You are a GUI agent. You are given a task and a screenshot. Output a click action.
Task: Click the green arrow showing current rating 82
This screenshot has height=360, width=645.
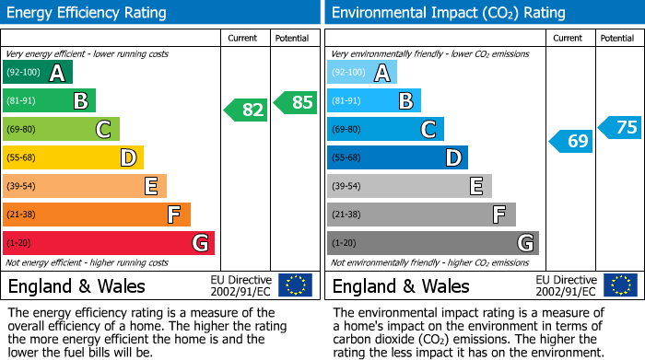246,110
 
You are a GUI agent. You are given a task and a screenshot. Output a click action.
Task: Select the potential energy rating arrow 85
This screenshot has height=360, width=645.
296,102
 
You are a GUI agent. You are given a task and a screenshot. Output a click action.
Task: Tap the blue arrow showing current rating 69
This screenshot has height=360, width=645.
571,141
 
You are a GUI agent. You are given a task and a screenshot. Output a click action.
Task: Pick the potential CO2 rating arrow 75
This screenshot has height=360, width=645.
620,128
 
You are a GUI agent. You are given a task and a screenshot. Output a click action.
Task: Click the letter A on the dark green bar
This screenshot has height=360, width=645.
57,73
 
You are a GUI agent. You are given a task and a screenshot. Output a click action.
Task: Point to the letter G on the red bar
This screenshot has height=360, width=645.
199,243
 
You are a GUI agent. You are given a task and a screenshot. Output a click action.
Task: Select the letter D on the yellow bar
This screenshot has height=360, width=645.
128,158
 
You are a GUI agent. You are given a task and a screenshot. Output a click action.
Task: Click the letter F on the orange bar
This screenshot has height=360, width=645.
174,215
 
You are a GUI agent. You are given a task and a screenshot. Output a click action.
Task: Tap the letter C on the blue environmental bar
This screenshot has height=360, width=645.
428,130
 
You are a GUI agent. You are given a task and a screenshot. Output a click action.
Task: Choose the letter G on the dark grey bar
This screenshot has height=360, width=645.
524,243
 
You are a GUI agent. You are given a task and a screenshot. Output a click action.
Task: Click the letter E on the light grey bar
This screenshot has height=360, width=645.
476,187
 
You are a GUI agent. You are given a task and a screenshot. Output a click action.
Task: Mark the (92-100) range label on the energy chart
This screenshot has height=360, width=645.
23,72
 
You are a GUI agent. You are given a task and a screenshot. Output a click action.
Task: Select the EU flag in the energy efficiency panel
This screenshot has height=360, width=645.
295,285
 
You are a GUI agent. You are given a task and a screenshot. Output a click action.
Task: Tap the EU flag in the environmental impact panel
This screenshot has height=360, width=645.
620,285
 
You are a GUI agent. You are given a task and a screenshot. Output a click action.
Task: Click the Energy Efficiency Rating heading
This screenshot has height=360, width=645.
88,13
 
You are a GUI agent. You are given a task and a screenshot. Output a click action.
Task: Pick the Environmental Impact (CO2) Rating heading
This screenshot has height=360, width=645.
448,13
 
